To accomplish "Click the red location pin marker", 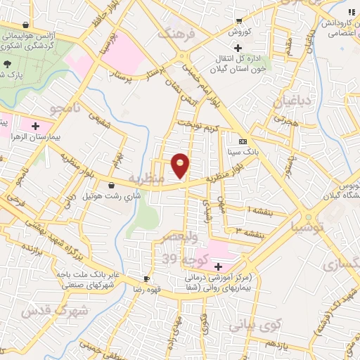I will pos(181,167).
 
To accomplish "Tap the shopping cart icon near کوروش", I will pos(239,21).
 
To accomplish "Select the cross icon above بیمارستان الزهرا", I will pos(35,125).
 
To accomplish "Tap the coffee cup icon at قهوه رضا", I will pos(146,278).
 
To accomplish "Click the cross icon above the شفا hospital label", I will pos(218,266).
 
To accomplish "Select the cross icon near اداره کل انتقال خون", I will pos(239,47).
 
